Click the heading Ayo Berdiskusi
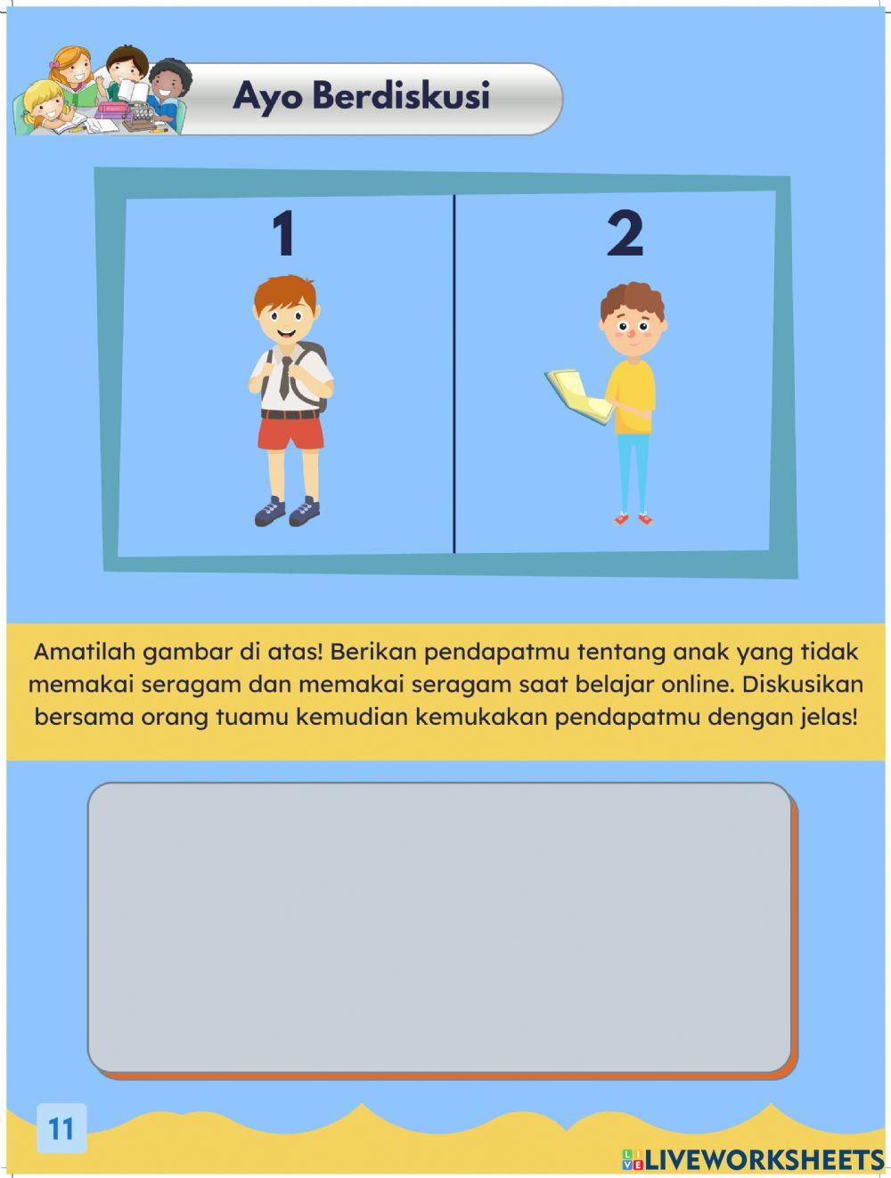tap(361, 96)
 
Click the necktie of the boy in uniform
tap(284, 377)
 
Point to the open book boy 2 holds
tap(577, 394)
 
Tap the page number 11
tap(61, 1128)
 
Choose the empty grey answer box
tap(439, 927)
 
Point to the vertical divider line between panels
tap(454, 374)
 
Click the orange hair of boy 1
tap(284, 293)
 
